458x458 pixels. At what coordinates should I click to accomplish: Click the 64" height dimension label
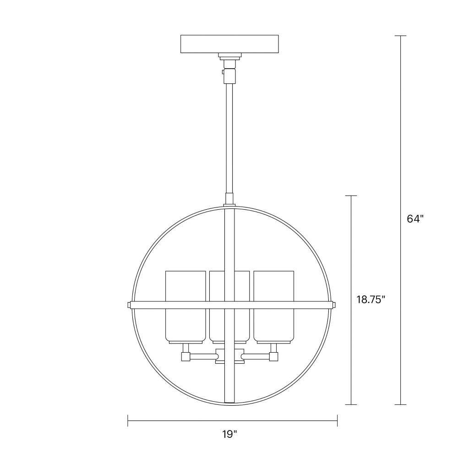[x=415, y=219]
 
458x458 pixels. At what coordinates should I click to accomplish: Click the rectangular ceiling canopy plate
[x=229, y=44]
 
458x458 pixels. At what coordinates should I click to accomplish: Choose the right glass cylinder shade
[x=274, y=306]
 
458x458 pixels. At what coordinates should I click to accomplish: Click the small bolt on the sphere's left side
[x=129, y=305]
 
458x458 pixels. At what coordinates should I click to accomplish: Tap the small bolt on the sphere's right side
[x=335, y=305]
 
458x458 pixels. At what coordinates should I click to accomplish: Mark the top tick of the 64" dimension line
[x=400, y=36]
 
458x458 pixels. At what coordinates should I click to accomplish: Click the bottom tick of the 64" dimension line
[x=400, y=404]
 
